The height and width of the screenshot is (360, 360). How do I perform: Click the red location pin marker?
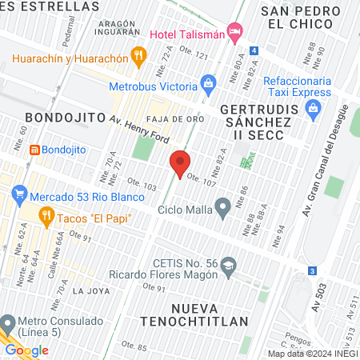(x=181, y=163)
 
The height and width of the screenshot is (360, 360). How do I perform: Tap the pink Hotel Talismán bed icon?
(x=234, y=33)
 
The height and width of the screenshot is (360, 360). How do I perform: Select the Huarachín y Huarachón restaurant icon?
(x=139, y=55)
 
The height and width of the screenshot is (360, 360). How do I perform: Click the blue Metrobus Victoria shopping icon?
(x=209, y=82)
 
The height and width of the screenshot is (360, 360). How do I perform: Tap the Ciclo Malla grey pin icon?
(x=224, y=210)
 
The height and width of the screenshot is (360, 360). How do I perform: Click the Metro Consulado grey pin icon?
(x=9, y=324)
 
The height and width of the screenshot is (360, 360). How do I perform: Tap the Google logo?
(x=27, y=350)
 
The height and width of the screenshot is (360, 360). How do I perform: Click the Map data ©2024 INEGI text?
(x=312, y=354)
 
